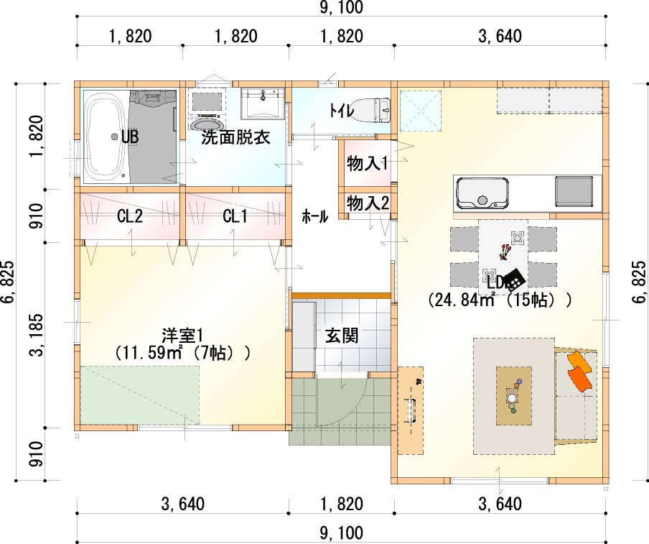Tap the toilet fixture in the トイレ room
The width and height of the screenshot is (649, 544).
coord(373,111)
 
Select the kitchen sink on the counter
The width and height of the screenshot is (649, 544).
coord(482,194)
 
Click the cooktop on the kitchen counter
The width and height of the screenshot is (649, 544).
coord(574,191)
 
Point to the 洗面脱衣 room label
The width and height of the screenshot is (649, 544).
coord(235,137)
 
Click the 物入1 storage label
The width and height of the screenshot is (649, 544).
coord(367,164)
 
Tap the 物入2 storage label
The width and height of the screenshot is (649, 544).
coord(368,203)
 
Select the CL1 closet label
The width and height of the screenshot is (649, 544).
coord(235,216)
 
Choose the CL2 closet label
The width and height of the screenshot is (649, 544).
coord(129,216)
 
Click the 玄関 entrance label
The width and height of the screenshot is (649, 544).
coord(342,336)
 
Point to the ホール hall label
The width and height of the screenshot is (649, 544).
coord(315,216)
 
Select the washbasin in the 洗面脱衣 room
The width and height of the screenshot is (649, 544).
coord(263,103)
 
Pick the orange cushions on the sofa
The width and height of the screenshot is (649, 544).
coord(580,370)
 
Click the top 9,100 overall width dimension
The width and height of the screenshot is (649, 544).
coord(342,7)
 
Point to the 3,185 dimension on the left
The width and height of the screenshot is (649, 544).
coord(36,335)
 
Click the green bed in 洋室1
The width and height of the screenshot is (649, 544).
coord(140,395)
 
